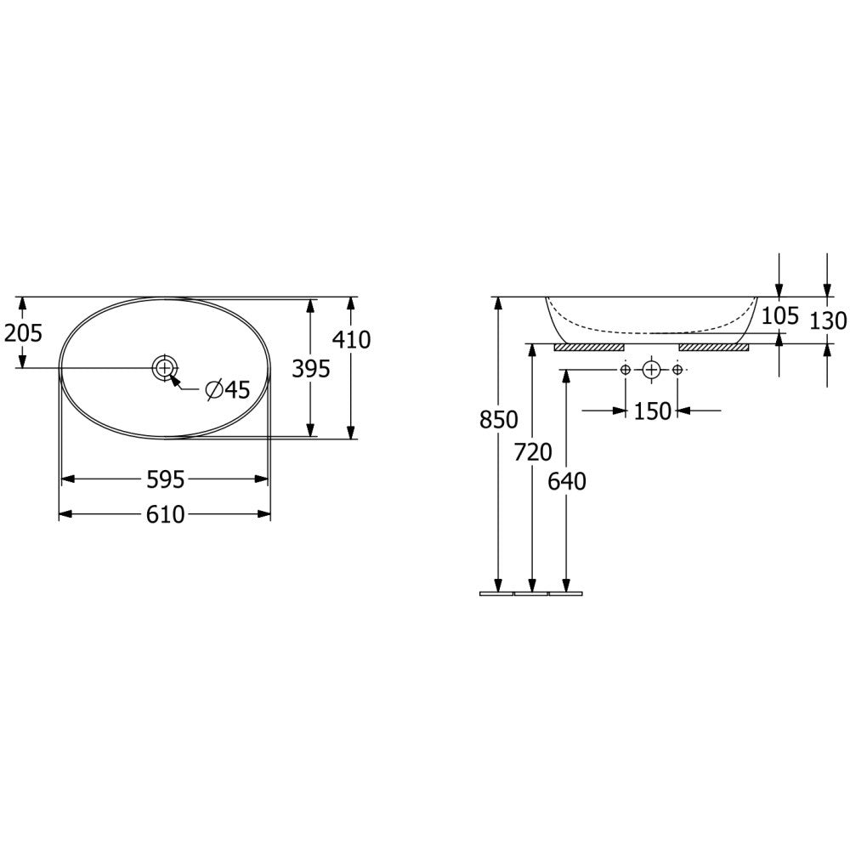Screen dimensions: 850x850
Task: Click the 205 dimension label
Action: point(23,333)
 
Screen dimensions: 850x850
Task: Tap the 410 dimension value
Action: point(351,340)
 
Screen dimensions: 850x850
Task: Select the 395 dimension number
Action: point(310,369)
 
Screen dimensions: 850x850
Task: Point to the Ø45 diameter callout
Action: point(228,389)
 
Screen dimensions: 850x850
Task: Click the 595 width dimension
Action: point(166,479)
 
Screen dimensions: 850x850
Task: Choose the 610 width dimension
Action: point(166,514)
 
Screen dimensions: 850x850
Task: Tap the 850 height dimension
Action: point(499,420)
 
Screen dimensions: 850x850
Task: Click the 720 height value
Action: point(533,452)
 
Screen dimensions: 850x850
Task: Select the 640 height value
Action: point(567,481)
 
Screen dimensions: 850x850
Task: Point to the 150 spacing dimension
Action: point(652,411)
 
